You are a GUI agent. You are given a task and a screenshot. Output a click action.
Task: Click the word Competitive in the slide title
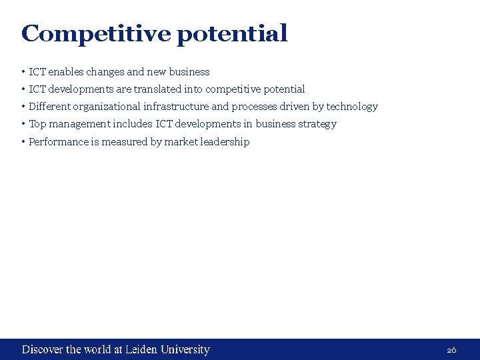(96, 33)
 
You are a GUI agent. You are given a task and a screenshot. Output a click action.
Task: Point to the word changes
(105, 72)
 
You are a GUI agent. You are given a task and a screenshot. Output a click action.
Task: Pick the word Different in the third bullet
(50, 107)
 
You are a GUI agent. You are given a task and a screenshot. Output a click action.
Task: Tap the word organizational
(107, 107)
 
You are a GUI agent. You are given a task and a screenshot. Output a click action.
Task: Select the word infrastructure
(176, 107)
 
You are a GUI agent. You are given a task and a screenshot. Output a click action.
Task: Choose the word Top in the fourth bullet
(37, 124)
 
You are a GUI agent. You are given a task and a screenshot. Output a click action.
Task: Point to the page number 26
(451, 350)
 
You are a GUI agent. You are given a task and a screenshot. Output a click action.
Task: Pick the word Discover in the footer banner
(43, 349)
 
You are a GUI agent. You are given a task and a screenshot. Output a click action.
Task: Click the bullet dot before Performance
(23, 141)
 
